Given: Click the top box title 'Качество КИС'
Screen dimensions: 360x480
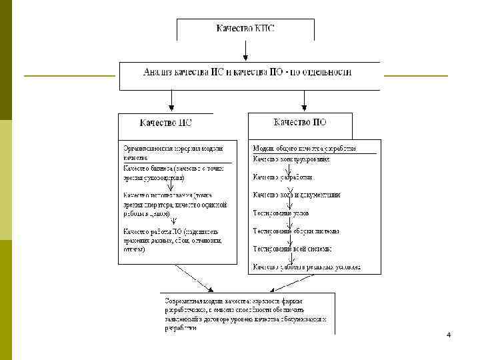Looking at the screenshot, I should (245, 29).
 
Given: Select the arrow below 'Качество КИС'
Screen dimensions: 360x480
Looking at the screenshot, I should (246, 51).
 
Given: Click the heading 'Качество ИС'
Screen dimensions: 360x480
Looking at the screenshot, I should (167, 123).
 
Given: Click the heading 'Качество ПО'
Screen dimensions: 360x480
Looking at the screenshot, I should (300, 123).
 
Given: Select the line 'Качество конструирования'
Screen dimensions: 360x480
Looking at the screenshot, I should (291, 159).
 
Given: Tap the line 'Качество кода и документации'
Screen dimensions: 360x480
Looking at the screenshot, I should (296, 195).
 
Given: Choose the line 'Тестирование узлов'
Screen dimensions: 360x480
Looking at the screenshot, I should (280, 213).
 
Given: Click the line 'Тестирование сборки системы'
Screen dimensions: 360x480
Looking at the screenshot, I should (295, 231).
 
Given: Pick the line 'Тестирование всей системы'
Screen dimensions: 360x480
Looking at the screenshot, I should (291, 249).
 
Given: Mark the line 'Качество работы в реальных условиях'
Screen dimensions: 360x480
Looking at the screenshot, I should (306, 267).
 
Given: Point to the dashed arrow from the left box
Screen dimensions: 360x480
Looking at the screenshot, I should (194, 279).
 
